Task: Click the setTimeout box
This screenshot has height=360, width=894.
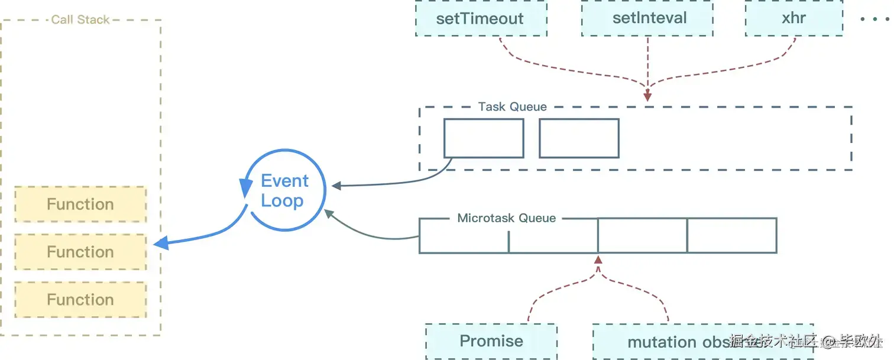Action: click(480, 18)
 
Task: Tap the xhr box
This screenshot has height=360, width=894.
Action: click(793, 18)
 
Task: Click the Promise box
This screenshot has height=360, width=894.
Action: click(491, 341)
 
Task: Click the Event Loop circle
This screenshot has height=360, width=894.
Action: click(285, 190)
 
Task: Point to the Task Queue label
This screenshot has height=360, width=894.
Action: click(512, 107)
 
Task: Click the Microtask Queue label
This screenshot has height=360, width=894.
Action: click(506, 218)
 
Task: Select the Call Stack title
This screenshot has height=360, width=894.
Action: click(80, 20)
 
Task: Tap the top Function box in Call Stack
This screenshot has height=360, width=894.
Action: click(80, 205)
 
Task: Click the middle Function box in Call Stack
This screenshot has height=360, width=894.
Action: click(80, 252)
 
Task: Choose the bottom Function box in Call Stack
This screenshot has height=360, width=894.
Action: click(80, 300)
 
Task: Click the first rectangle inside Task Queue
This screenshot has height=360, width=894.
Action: click(484, 138)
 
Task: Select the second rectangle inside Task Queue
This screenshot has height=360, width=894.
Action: click(579, 138)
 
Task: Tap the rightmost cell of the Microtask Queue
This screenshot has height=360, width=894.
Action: click(732, 235)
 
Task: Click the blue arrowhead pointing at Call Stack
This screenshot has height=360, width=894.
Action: click(160, 242)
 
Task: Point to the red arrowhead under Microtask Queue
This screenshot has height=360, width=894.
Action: click(598, 260)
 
